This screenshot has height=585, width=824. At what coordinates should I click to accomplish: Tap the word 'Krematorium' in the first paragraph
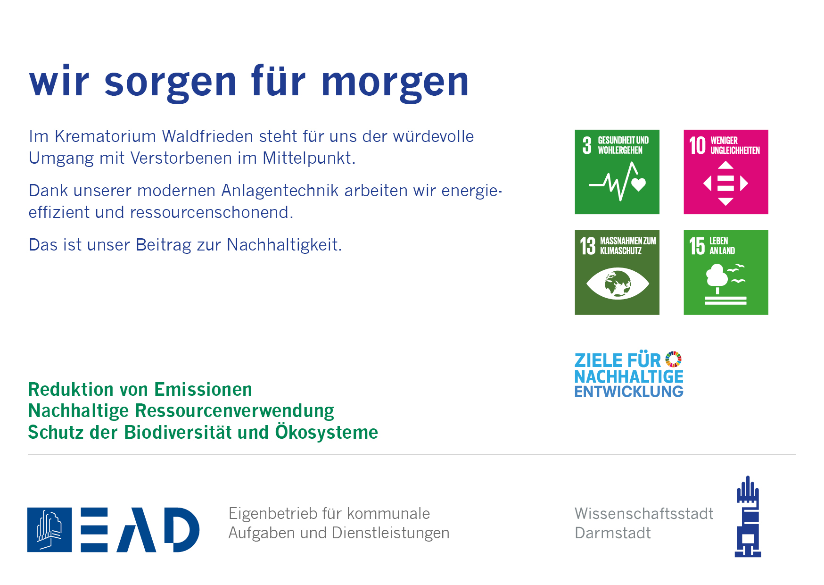(106, 136)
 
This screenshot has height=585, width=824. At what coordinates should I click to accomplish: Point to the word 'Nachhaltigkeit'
(284, 245)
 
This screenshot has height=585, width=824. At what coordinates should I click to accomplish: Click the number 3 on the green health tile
(587, 145)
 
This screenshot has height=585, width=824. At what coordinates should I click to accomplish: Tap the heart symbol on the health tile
(639, 184)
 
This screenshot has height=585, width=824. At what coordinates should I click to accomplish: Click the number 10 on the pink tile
(697, 145)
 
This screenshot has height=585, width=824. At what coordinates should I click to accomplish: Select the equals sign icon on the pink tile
(725, 183)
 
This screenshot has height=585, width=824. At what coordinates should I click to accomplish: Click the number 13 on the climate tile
(588, 246)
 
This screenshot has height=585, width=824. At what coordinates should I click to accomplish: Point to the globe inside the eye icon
(618, 283)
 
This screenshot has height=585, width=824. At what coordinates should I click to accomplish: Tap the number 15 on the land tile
(697, 246)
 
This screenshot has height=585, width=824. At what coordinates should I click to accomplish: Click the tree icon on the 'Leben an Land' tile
(717, 278)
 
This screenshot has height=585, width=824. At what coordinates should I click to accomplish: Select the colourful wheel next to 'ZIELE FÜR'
(674, 359)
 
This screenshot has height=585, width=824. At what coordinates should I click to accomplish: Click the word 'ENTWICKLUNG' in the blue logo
(629, 392)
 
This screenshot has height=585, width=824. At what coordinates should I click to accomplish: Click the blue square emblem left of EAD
(49, 530)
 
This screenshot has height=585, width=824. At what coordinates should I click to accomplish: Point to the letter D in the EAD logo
(181, 530)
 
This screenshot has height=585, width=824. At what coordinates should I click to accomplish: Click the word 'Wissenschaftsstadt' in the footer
(644, 514)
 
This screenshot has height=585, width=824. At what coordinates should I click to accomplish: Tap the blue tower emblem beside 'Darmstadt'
(748, 517)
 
